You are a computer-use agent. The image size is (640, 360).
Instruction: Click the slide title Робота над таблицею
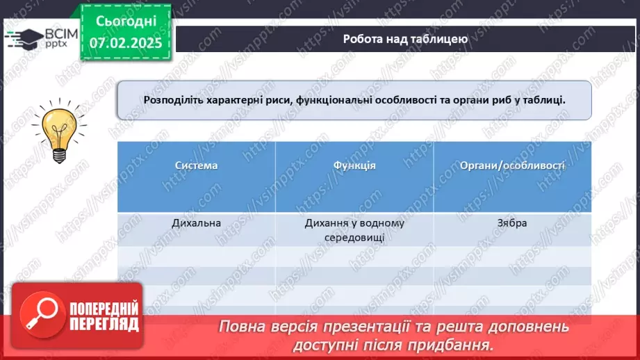(404, 40)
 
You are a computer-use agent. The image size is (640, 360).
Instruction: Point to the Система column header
(196, 165)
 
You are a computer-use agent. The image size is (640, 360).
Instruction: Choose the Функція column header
(354, 165)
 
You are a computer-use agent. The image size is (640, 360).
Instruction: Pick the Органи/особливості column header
(513, 165)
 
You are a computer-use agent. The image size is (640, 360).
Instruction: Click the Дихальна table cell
(196, 223)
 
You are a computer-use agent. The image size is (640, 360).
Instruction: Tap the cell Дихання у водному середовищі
(354, 230)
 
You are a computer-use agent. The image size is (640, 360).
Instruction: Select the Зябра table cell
(513, 223)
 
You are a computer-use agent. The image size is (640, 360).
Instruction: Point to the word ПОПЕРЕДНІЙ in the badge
(104, 308)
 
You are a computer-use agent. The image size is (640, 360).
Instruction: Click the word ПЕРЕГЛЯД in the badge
(104, 324)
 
